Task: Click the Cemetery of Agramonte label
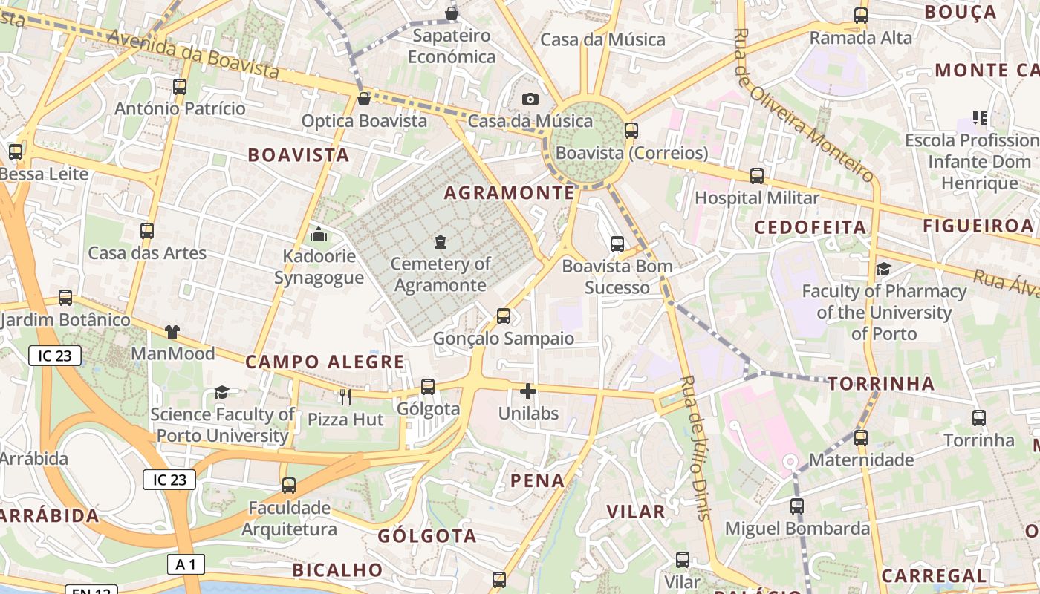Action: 441,275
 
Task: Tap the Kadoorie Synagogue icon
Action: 319,235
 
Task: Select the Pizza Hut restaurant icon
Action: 345,397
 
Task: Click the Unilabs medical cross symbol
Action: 528,391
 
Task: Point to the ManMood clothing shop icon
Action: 172,331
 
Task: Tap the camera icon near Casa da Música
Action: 530,99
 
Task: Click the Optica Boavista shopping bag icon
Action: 364,99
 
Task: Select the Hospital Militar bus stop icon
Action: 756,176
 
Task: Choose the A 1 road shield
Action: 186,565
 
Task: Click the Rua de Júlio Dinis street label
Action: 696,448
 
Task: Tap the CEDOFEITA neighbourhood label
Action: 810,227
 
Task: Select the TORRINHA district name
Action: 881,384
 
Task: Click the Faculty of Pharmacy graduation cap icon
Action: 883,269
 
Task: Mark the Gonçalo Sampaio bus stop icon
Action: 504,316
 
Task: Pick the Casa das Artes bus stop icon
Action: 147,231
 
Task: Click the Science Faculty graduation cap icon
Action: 221,392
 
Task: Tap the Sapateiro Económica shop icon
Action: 451,13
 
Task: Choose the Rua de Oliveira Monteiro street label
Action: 802,104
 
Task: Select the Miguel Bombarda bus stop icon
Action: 797,506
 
